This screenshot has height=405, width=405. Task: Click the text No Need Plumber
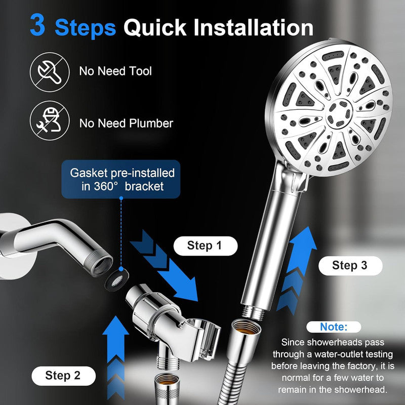(x=126, y=123)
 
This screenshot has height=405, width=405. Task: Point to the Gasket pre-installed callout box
(x=121, y=179)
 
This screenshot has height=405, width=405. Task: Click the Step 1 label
(x=205, y=246)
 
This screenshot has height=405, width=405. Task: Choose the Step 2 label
(x=62, y=375)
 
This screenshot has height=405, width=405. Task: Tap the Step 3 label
(x=349, y=265)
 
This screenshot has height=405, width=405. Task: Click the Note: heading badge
(x=333, y=327)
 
